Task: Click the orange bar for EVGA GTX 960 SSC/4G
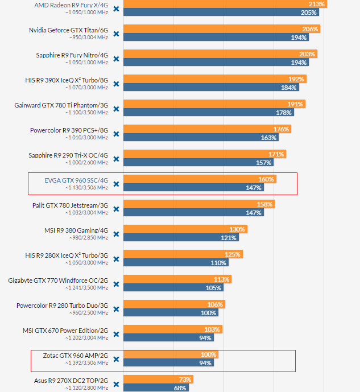click(x=199, y=179)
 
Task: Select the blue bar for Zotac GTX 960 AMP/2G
click(x=168, y=363)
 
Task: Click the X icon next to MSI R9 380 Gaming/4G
click(x=116, y=234)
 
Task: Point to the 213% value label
click(x=317, y=4)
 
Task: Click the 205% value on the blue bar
click(x=309, y=12)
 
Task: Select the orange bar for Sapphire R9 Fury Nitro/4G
click(x=220, y=53)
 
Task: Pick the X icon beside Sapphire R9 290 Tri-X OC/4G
click(x=116, y=159)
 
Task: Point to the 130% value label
click(x=237, y=229)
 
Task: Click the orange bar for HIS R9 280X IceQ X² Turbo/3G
click(x=183, y=254)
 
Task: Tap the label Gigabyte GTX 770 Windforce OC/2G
click(x=58, y=280)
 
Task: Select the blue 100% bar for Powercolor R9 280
click(x=171, y=312)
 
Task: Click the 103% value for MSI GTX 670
click(x=212, y=329)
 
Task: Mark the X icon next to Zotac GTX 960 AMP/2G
click(x=116, y=359)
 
